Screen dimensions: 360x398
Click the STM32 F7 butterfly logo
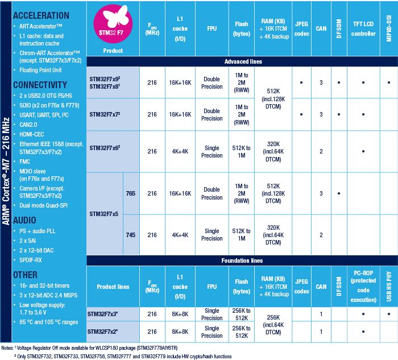113,23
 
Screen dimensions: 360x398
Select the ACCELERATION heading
41,15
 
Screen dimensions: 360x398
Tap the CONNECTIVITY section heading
41,85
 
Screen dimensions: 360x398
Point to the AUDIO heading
25,220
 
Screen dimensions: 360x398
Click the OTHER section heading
25,275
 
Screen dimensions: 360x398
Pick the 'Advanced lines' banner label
243,61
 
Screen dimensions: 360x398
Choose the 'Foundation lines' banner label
243,261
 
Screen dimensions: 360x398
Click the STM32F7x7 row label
112,114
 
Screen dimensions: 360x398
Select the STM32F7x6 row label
112,148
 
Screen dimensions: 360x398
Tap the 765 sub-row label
131,193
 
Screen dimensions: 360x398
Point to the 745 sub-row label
131,235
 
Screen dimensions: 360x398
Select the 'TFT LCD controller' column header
364,30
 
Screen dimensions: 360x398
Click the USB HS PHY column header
389,287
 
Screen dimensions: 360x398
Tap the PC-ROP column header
364,287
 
